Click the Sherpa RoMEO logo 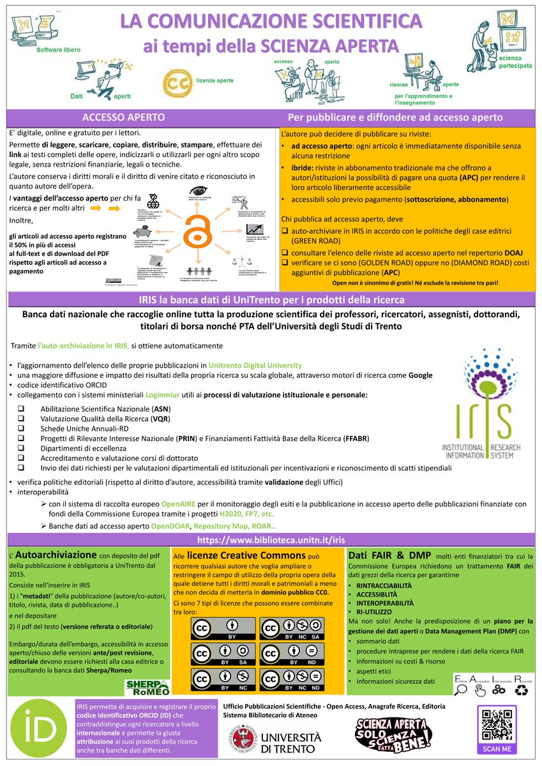click(x=145, y=686)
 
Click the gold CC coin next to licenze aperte click(x=176, y=84)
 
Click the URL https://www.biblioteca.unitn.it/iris click(x=272, y=539)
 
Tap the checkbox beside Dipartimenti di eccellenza click(x=21, y=449)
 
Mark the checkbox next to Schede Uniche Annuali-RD click(x=21, y=428)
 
